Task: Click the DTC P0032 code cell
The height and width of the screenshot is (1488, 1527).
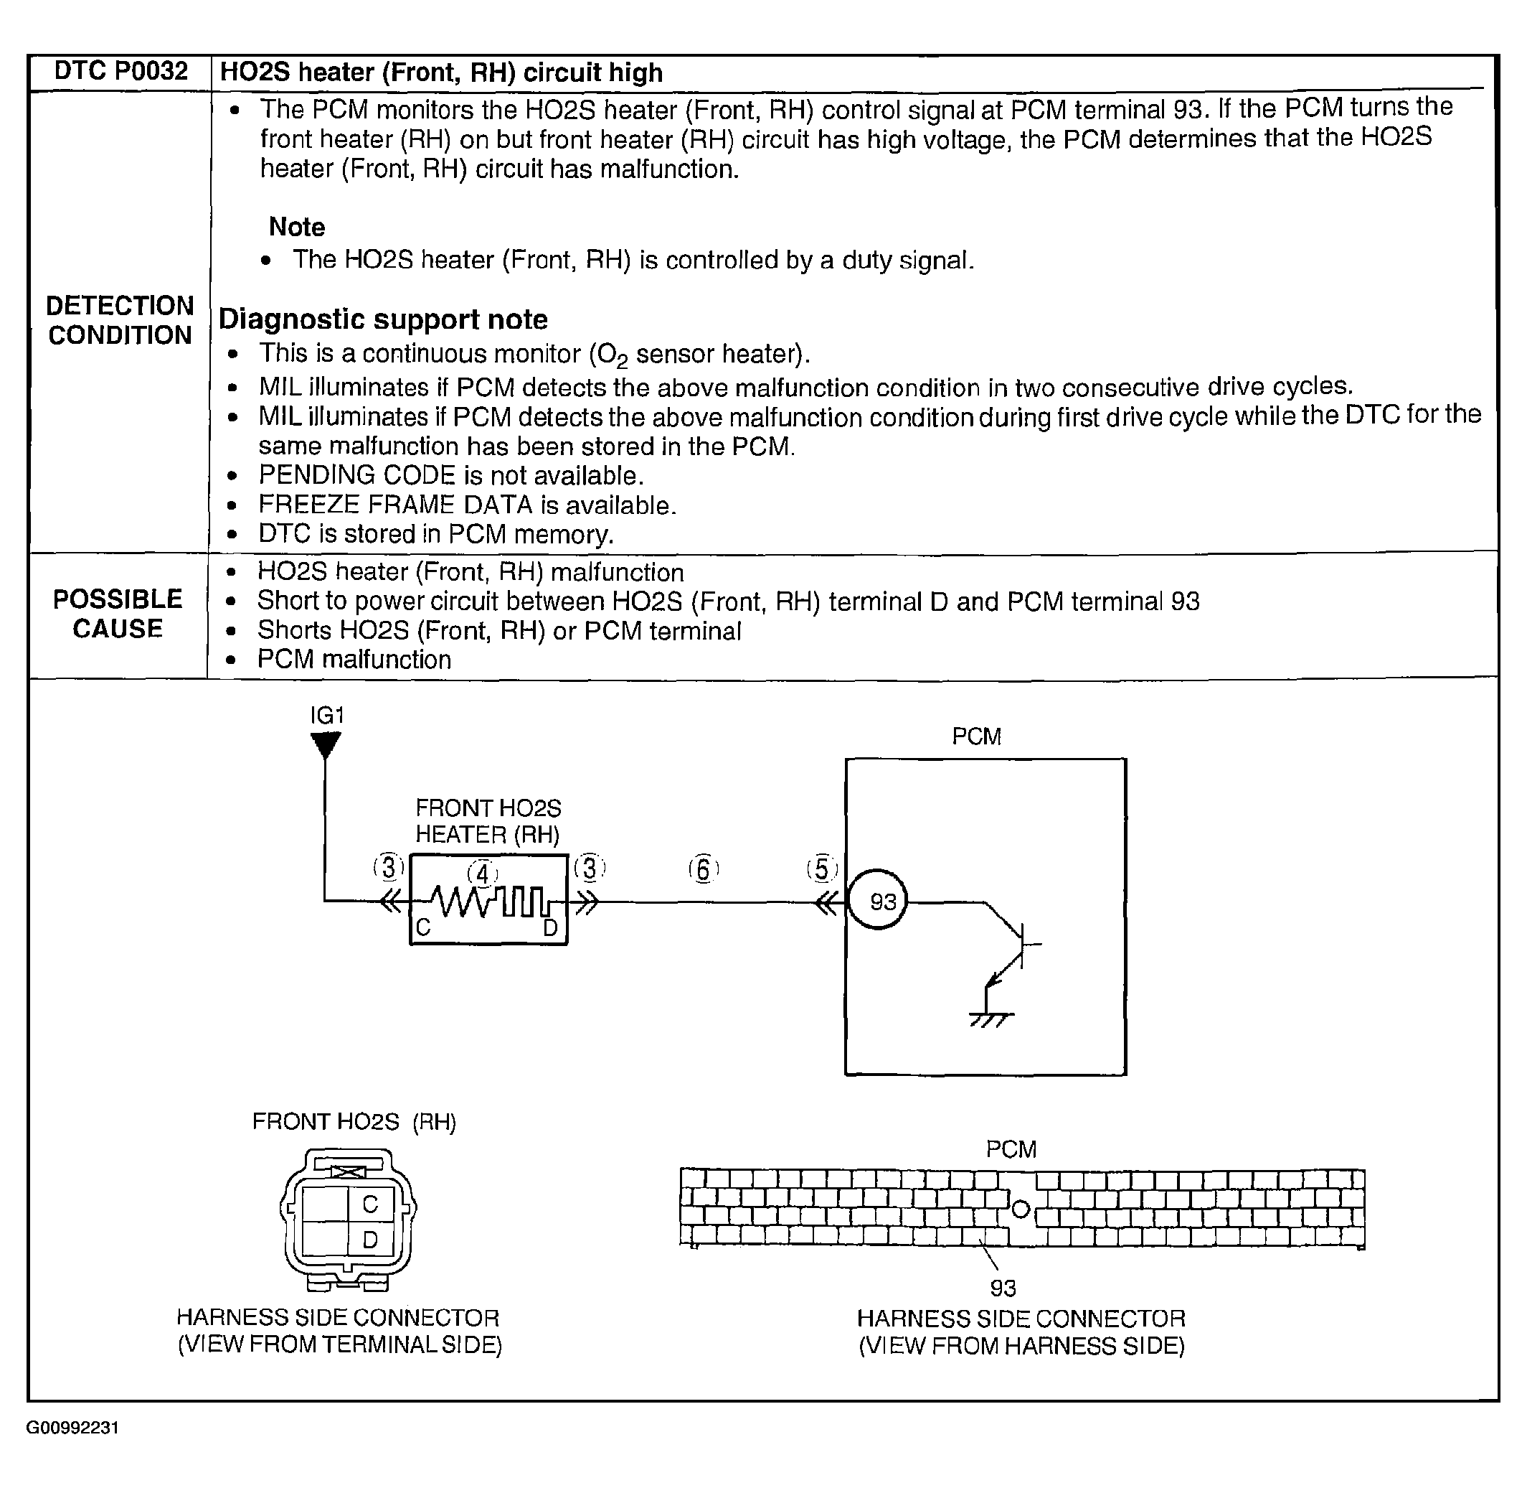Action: tap(120, 72)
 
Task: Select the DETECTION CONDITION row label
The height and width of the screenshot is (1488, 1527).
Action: tap(120, 320)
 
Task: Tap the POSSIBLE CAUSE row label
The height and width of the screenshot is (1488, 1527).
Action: tap(118, 614)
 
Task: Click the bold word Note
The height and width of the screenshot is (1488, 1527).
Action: tap(297, 227)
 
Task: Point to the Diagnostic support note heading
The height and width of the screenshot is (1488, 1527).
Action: tap(383, 319)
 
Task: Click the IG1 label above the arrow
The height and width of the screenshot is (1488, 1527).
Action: tap(327, 715)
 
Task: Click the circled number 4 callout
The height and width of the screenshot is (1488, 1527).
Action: tap(483, 874)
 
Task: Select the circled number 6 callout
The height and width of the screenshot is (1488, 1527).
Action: tap(703, 869)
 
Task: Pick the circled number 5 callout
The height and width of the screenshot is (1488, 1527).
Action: tap(822, 869)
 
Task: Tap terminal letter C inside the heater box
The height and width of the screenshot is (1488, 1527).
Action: tap(423, 927)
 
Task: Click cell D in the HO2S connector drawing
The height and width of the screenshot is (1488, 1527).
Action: tap(370, 1240)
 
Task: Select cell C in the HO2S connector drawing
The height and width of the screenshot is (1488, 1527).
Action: tap(370, 1204)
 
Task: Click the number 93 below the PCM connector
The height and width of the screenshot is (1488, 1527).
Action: tap(1003, 1288)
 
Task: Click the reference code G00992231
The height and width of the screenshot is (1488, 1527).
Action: tap(72, 1428)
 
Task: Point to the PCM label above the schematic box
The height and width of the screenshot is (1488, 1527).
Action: tap(976, 736)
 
